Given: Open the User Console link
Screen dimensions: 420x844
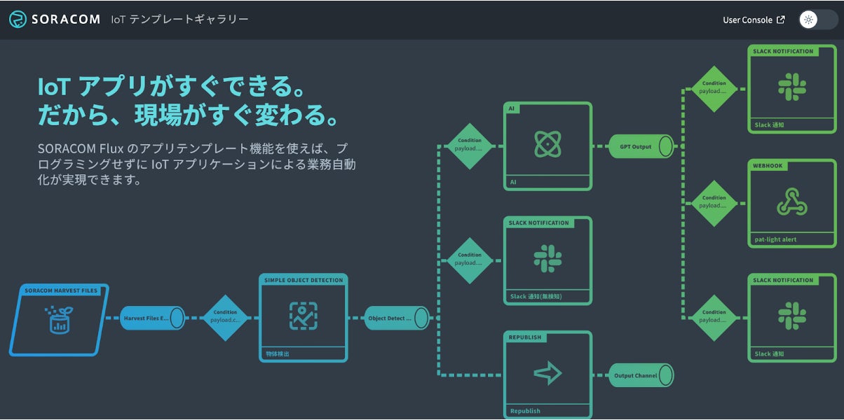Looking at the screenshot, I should click(747, 20).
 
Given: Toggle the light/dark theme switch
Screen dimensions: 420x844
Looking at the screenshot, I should click(817, 20).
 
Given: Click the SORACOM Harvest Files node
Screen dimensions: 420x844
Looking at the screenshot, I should click(60, 319).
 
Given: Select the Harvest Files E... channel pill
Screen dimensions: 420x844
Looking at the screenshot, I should click(151, 318).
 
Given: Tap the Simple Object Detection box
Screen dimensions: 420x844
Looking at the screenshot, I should click(303, 317).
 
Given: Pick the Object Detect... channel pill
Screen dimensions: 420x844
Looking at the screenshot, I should click(396, 318).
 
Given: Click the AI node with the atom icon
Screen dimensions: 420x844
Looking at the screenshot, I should click(547, 146).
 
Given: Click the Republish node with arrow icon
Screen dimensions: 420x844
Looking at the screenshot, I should click(547, 374).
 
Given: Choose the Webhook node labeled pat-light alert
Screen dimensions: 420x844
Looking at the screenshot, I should click(792, 203).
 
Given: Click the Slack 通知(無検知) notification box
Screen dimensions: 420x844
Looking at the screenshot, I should click(547, 260).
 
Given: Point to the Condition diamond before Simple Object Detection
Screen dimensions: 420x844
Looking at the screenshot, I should click(225, 317).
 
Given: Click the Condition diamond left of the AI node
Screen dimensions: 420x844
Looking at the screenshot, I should click(469, 146).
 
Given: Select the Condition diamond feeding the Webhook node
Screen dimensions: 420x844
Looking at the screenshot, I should click(714, 203).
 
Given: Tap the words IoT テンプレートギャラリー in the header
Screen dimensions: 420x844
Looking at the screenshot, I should click(179, 20).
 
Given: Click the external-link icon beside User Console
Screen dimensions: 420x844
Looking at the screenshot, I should click(781, 20).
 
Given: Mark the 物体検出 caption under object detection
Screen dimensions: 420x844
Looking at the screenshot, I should click(278, 354).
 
